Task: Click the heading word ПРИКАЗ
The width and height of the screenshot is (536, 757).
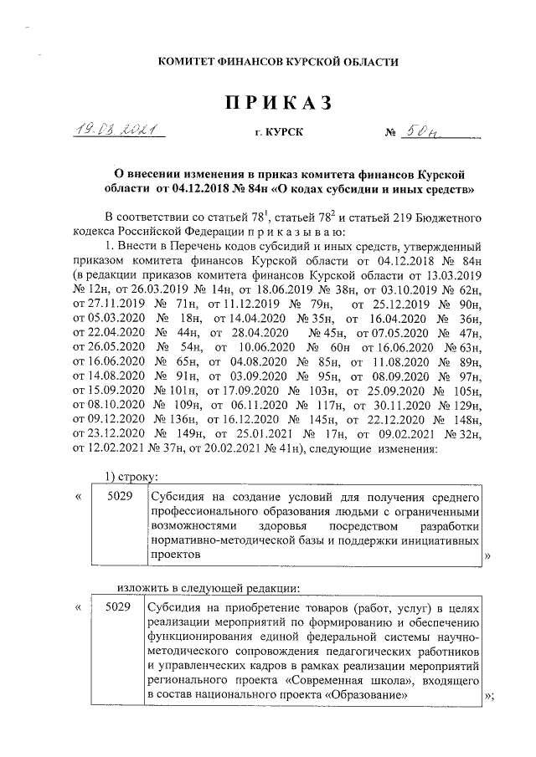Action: coord(268,102)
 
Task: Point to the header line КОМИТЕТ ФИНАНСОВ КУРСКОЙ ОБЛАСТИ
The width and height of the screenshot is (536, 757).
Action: coord(268,61)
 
